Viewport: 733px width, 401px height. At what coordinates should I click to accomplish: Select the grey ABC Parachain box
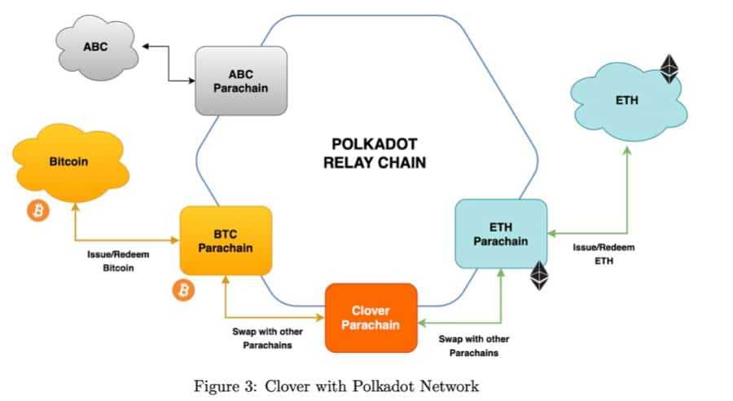240,81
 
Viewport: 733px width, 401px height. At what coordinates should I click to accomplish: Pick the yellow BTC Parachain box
225,240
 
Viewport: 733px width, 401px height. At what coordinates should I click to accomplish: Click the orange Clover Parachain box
371,318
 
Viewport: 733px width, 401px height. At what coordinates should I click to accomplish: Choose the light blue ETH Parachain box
500,234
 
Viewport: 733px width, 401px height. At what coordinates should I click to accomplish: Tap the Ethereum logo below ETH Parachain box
540,276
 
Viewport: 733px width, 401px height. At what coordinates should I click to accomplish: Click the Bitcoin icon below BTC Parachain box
185,289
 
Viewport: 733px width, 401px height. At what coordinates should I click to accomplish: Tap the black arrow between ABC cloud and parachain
168,64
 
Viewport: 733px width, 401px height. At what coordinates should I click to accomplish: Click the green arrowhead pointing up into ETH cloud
627,152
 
